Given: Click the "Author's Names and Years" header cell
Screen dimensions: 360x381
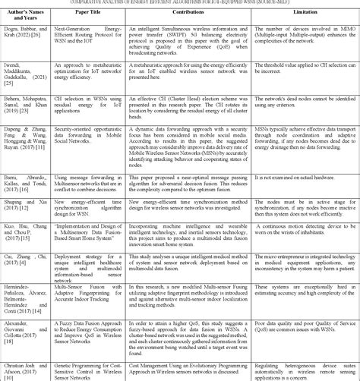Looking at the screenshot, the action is pos(36,14).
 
